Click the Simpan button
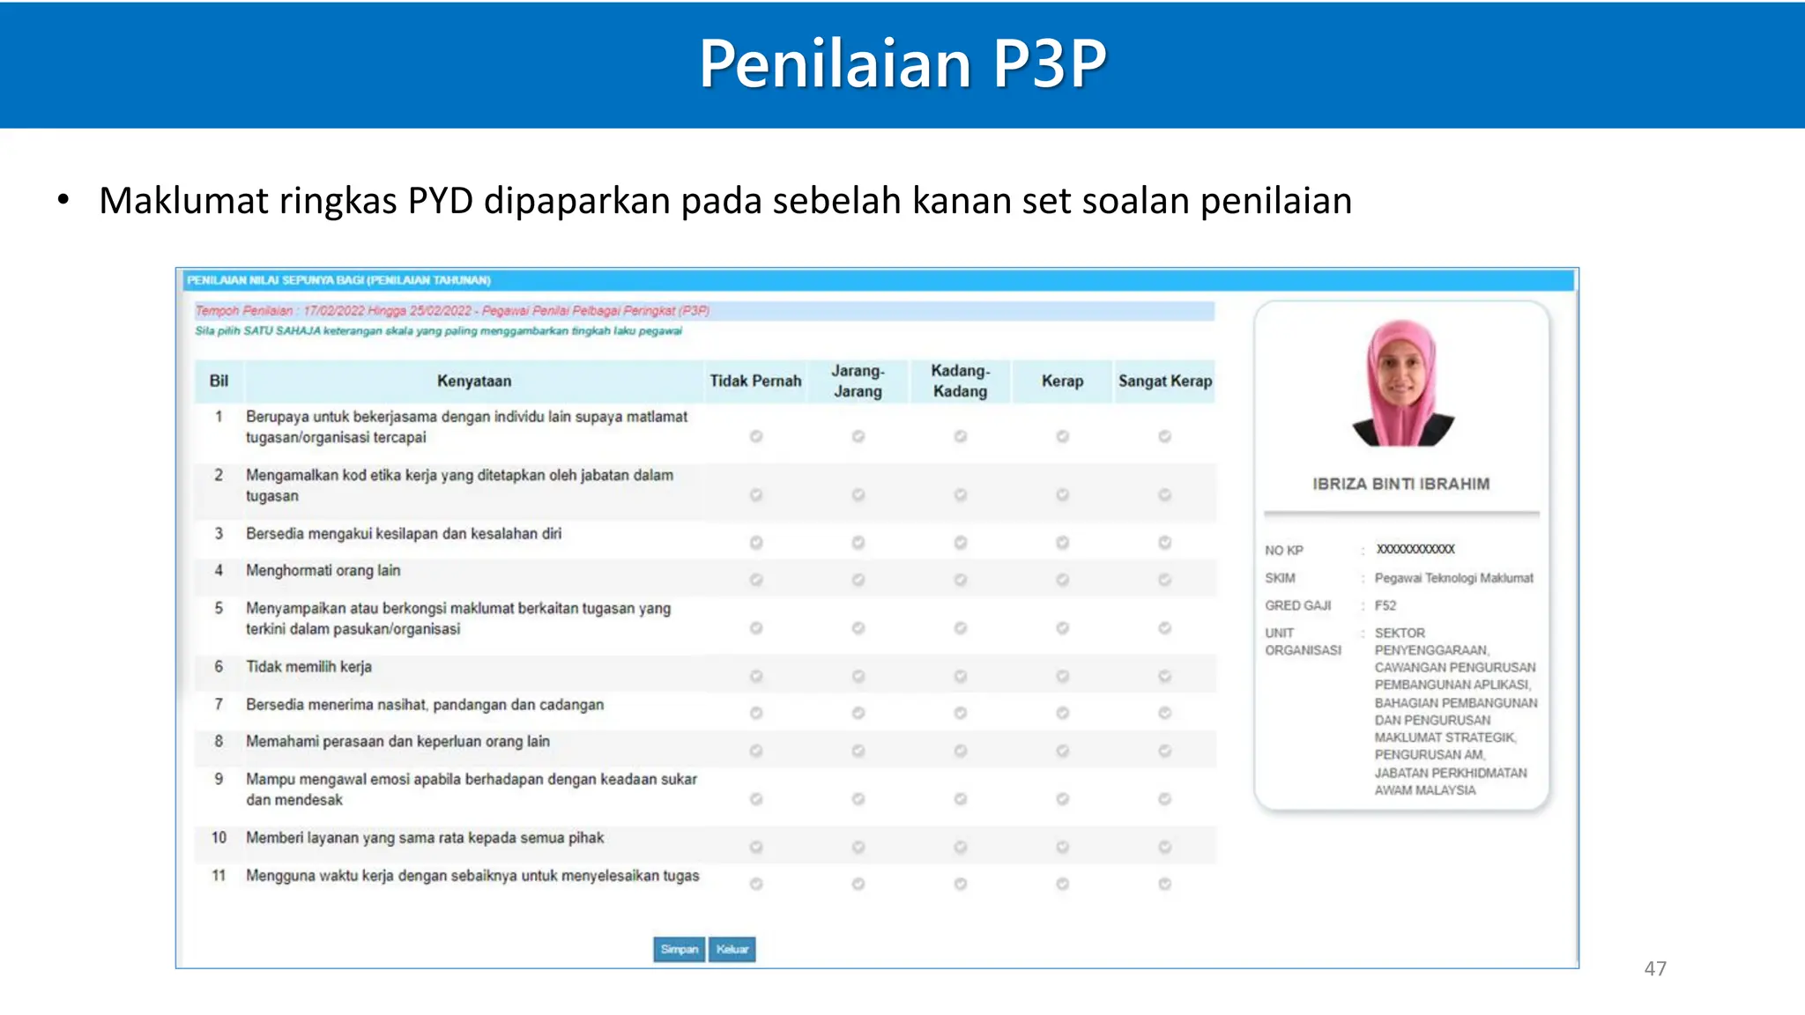pyautogui.click(x=679, y=949)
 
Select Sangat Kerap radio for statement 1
pyautogui.click(x=1164, y=436)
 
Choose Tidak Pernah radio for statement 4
pyautogui.click(x=756, y=580)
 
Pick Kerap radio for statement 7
pyautogui.click(x=1063, y=713)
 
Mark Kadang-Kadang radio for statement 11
pyautogui.click(x=961, y=884)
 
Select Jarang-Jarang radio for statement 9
pyautogui.click(x=858, y=799)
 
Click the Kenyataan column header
pyautogui.click(x=474, y=381)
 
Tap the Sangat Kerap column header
pyautogui.click(x=1165, y=381)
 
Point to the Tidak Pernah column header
pyautogui.click(x=755, y=381)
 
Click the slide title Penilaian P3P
pyautogui.click(x=902, y=63)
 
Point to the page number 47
pyautogui.click(x=1655, y=968)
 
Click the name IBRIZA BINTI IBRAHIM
pyautogui.click(x=1401, y=484)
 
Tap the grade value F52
pyautogui.click(x=1385, y=605)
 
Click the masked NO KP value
pyautogui.click(x=1415, y=549)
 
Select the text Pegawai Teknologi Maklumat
pyautogui.click(x=1454, y=578)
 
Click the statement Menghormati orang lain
pyautogui.click(x=323, y=571)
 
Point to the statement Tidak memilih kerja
pyautogui.click(x=308, y=667)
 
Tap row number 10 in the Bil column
pyautogui.click(x=219, y=838)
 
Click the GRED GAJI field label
pyautogui.click(x=1298, y=605)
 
